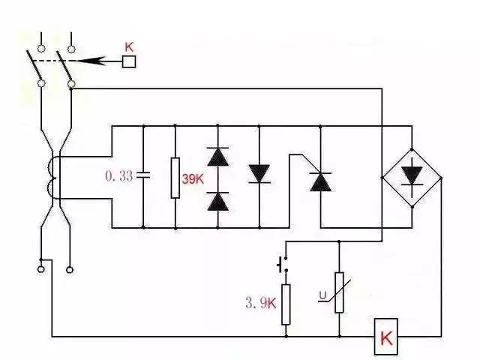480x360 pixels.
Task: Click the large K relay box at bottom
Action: (x=386, y=337)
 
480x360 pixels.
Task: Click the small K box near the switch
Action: (x=129, y=62)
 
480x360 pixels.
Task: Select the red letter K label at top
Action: (x=129, y=46)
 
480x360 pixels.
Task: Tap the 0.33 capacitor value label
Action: (x=118, y=176)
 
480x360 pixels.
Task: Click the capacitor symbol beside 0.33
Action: (x=142, y=175)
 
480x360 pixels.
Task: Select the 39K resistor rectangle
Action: (x=175, y=177)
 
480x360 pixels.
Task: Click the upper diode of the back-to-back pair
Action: (x=217, y=156)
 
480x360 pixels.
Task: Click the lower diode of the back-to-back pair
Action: (x=217, y=200)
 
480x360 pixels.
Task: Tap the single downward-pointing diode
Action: (x=259, y=175)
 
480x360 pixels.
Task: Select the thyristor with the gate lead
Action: (x=320, y=180)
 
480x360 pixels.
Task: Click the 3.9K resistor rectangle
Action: (x=286, y=304)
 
